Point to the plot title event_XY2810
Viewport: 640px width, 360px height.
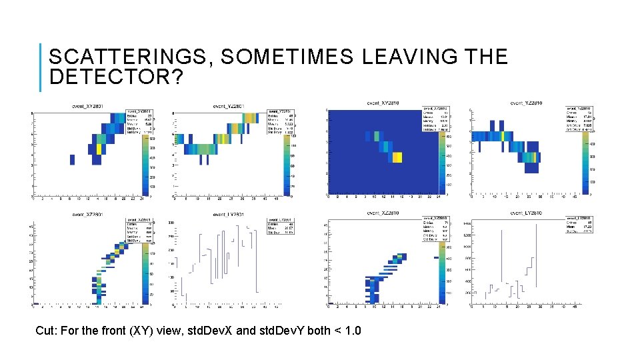(383, 103)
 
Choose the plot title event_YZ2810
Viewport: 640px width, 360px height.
(526, 103)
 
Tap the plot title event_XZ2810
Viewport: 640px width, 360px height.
(383, 213)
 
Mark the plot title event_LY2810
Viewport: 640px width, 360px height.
(526, 213)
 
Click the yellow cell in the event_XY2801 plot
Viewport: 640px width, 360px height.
(99, 149)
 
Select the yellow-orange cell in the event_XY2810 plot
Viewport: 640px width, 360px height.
(397, 157)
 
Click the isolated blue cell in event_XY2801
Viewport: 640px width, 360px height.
(71, 159)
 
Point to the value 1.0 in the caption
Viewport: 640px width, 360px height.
(352, 330)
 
